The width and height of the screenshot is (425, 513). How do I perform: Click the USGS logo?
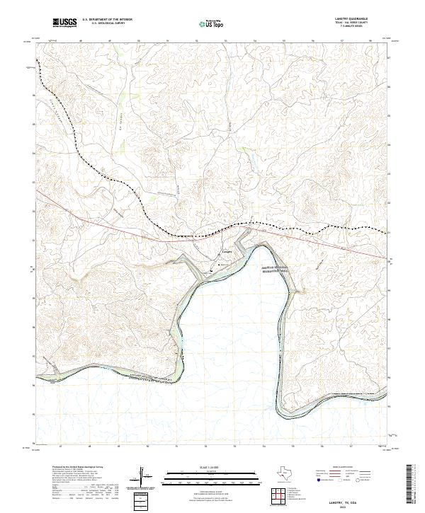[x=65, y=23]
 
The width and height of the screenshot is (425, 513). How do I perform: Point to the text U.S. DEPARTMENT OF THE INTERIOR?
[x=107, y=20]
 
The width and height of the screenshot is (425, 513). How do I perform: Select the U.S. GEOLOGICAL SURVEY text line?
[x=107, y=23]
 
